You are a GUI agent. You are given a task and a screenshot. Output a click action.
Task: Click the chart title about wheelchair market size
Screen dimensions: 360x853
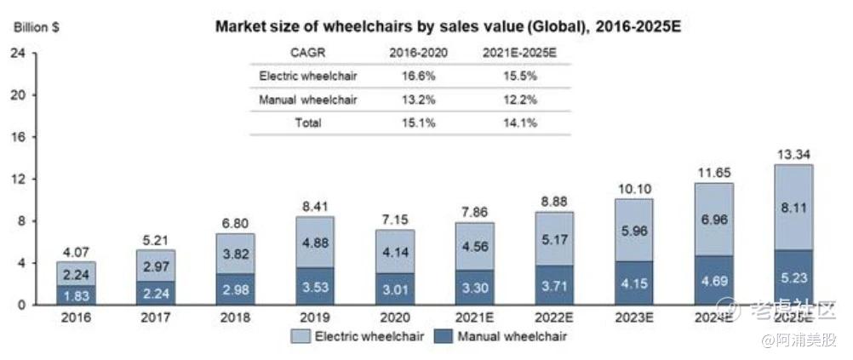coord(451,26)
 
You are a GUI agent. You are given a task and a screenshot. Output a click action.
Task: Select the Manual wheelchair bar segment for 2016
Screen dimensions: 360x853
coord(76,295)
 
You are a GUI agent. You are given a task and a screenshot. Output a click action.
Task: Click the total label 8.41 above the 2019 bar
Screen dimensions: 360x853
coord(316,205)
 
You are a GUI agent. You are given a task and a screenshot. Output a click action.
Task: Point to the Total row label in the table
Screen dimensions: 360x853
coord(308,123)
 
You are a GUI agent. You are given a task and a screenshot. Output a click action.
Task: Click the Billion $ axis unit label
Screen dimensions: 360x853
coord(36,27)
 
